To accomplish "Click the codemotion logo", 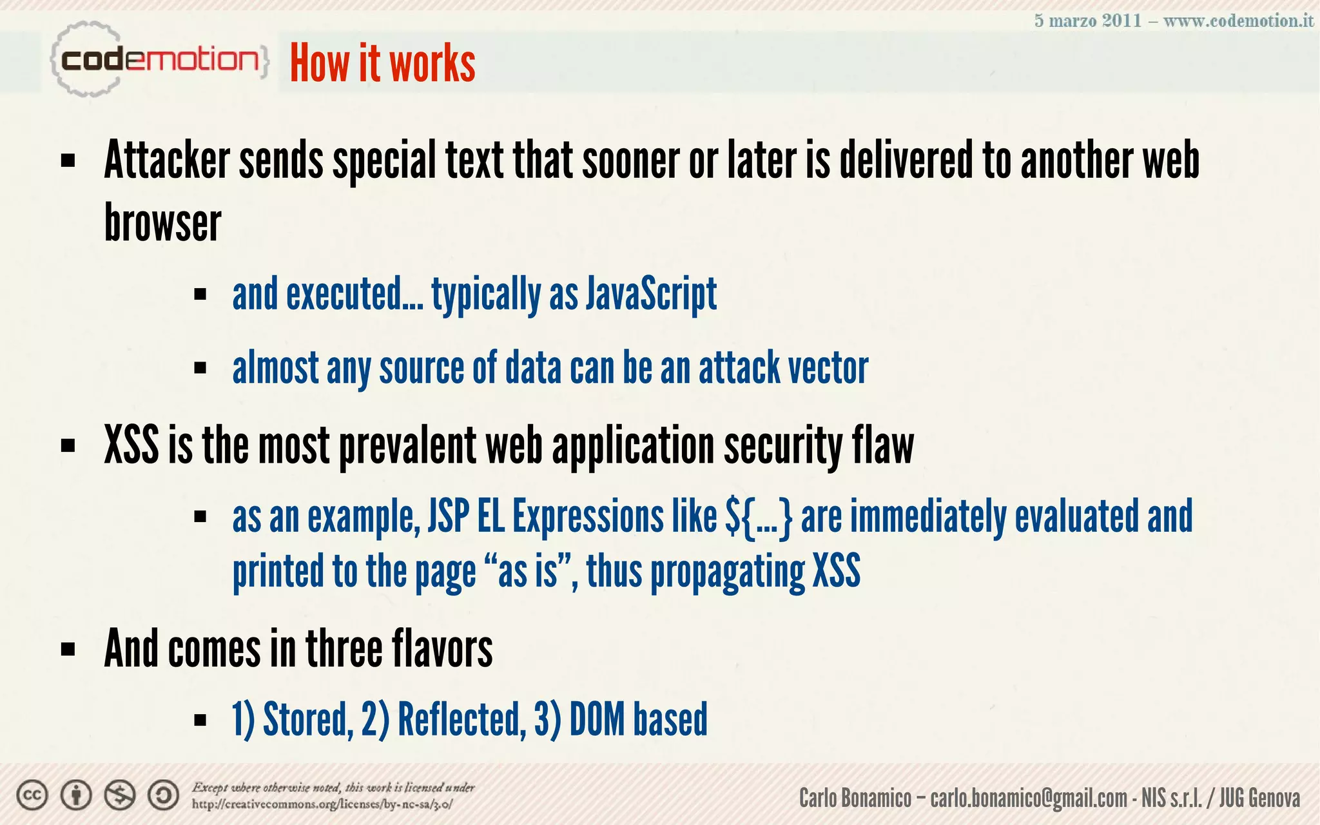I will point(159,60).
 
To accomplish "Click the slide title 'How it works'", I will point(382,63).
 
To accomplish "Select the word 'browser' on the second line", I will point(162,223).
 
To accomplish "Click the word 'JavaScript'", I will point(651,294).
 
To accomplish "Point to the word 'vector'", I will point(828,368).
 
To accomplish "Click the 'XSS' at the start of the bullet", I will point(131,445).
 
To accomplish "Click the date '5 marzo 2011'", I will point(1087,21).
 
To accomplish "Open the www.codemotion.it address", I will point(1237,21).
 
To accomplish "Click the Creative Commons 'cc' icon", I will point(32,795).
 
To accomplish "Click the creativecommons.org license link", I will point(322,804).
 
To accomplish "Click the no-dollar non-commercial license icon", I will point(120,795).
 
